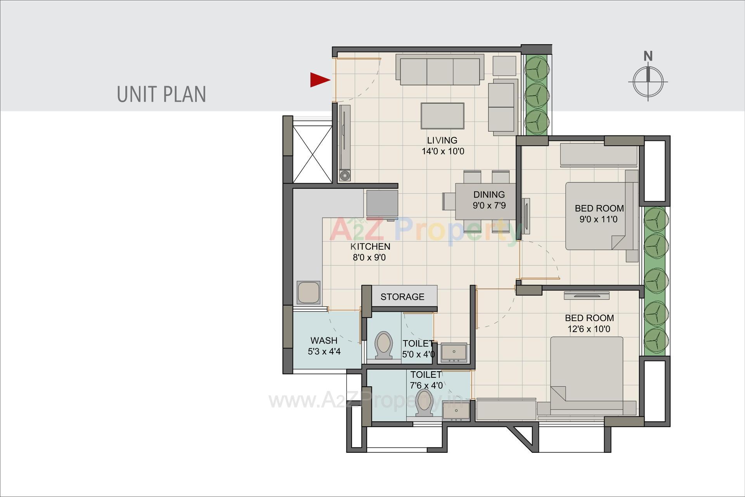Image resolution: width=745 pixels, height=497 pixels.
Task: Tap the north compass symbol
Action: [x=648, y=81]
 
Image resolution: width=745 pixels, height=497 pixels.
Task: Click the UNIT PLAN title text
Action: [x=161, y=94]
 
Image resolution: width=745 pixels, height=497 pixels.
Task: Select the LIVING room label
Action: [x=442, y=140]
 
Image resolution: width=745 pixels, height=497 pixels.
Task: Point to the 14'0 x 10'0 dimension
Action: [x=443, y=151]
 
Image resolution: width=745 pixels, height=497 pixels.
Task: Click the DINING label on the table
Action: [x=489, y=195]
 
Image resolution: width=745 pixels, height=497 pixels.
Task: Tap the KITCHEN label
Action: [x=370, y=247]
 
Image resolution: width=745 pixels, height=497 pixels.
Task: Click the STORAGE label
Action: [x=402, y=297]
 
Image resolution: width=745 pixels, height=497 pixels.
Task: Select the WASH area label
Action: [x=324, y=341]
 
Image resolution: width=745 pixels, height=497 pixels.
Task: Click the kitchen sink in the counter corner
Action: [x=308, y=292]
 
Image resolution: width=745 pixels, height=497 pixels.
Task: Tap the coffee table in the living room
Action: [x=442, y=116]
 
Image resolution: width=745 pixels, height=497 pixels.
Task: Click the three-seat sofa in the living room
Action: [x=440, y=70]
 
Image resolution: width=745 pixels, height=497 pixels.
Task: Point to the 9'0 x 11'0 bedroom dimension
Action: [x=598, y=219]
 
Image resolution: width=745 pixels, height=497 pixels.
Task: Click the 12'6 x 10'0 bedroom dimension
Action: [x=589, y=329]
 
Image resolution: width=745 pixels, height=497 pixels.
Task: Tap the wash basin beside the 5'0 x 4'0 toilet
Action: [x=453, y=352]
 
